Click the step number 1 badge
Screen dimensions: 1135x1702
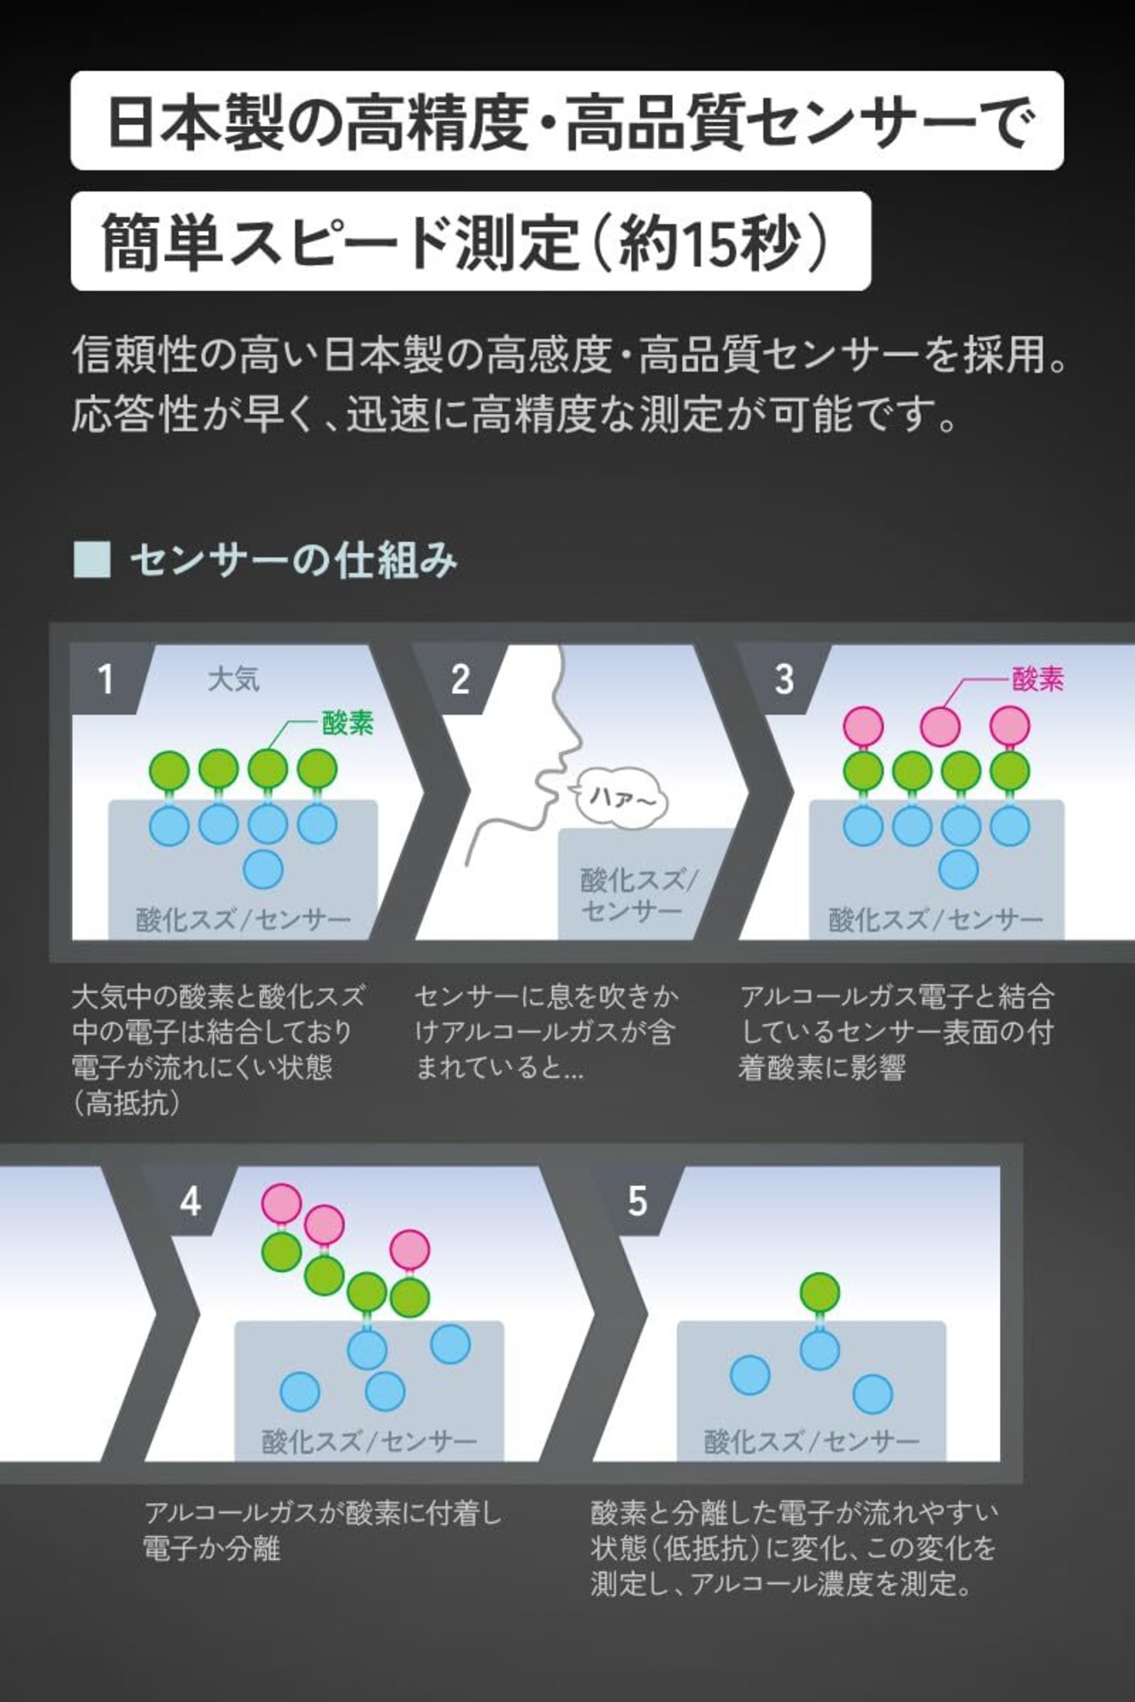click(x=106, y=679)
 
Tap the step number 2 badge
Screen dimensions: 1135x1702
click(x=459, y=679)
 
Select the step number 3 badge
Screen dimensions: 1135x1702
click(x=784, y=679)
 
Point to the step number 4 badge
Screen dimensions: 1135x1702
click(x=190, y=1202)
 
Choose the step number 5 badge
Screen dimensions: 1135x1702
click(x=637, y=1202)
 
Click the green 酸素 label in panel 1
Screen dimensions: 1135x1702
click(x=348, y=722)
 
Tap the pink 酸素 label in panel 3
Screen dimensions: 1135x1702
click(x=1037, y=679)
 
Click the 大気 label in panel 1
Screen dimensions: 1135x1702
click(x=233, y=679)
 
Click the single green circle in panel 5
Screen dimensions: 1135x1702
click(x=819, y=1292)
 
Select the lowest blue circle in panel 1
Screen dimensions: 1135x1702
click(x=263, y=869)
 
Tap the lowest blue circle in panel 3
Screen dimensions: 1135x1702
click(x=959, y=869)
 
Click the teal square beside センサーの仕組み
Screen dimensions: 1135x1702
click(x=91, y=560)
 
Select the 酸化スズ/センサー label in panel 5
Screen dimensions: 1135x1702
click(x=811, y=1441)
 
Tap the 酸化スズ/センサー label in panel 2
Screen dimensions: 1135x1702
click(x=638, y=894)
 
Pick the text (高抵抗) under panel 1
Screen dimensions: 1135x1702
click(x=128, y=1104)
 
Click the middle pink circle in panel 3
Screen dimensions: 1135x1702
click(x=940, y=727)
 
